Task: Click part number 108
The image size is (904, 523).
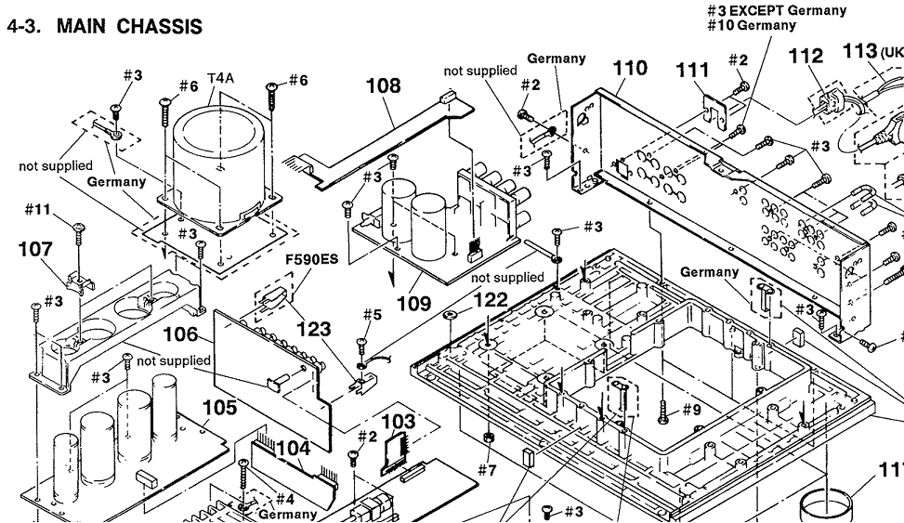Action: [x=383, y=86]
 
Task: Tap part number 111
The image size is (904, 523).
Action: [x=693, y=71]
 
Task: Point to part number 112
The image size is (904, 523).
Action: [x=805, y=57]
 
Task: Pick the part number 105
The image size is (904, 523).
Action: [x=219, y=407]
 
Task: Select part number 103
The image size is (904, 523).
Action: [x=399, y=422]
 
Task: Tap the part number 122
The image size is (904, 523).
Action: [x=490, y=300]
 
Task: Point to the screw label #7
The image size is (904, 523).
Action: [x=488, y=470]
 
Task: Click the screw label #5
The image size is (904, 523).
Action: [x=372, y=315]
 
